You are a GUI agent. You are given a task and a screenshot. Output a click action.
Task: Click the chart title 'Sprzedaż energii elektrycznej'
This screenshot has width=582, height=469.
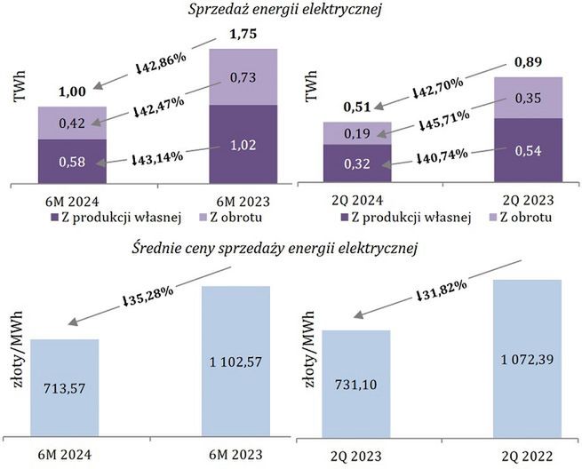(291, 10)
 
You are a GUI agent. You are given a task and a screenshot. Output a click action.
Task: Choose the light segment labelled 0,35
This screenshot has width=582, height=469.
(528, 98)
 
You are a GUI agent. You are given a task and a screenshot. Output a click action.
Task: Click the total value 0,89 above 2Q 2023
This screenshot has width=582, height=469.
(528, 64)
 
